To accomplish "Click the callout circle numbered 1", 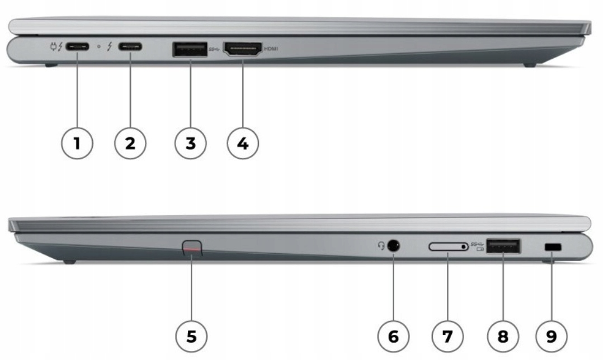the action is click(x=77, y=143).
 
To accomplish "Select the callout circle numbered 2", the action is click(x=130, y=143).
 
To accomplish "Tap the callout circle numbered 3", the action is click(x=190, y=143).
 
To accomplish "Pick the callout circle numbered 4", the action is click(x=243, y=143).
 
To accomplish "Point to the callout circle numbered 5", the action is click(x=191, y=336).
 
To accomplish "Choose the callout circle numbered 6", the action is click(x=393, y=336).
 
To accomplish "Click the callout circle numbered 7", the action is click(x=447, y=336).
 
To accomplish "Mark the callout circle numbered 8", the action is click(x=503, y=336).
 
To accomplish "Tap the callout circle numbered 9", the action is click(x=551, y=336).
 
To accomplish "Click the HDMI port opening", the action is click(x=243, y=49).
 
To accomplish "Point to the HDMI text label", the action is click(x=271, y=49).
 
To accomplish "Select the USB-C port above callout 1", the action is click(x=77, y=47).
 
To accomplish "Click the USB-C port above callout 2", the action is click(x=130, y=47).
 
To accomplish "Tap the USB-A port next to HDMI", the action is click(x=190, y=49).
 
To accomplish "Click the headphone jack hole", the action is click(x=393, y=245).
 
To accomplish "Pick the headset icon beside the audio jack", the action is click(x=381, y=245).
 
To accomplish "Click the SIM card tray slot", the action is click(x=449, y=246).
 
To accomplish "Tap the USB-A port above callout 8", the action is click(x=503, y=246).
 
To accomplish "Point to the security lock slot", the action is click(x=554, y=248).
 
